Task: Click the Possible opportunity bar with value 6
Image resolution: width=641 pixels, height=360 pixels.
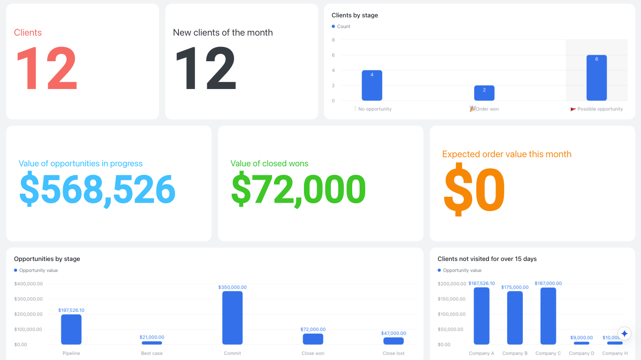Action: pyautogui.click(x=596, y=78)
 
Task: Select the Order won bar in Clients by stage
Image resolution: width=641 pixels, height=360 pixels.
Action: pyautogui.click(x=484, y=93)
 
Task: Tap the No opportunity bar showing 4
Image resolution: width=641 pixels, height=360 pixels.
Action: pyautogui.click(x=372, y=85)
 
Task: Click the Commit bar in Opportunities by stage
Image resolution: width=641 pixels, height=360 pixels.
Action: pyautogui.click(x=232, y=317)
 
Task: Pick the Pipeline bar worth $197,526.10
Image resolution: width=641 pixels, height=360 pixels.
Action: pyautogui.click(x=71, y=329)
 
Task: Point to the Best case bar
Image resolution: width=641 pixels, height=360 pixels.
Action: pyautogui.click(x=152, y=343)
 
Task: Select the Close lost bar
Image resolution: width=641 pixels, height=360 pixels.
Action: pyautogui.click(x=393, y=341)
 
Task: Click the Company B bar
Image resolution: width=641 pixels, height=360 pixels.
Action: pyautogui.click(x=515, y=317)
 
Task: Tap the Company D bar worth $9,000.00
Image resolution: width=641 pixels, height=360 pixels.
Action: pyautogui.click(x=582, y=343)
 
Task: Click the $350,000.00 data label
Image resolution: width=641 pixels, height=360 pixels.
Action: pyautogui.click(x=232, y=287)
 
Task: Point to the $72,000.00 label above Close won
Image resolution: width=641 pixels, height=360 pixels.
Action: pyautogui.click(x=313, y=329)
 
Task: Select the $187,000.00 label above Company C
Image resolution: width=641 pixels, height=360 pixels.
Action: pyautogui.click(x=548, y=283)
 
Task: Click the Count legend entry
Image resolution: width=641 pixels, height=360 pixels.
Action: pyautogui.click(x=341, y=26)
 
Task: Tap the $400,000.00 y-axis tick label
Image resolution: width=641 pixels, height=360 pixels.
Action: pyautogui.click(x=28, y=284)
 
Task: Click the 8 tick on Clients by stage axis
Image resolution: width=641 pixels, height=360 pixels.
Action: pyautogui.click(x=333, y=40)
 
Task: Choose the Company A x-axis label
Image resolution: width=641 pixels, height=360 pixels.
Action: pyautogui.click(x=482, y=353)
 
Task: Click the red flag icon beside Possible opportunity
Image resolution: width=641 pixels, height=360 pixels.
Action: pyautogui.click(x=573, y=109)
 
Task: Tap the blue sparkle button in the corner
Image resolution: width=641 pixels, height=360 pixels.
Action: pyautogui.click(x=624, y=334)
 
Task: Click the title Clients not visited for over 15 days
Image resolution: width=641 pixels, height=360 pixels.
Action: pyautogui.click(x=487, y=259)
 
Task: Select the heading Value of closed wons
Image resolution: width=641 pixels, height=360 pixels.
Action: pyautogui.click(x=269, y=163)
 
